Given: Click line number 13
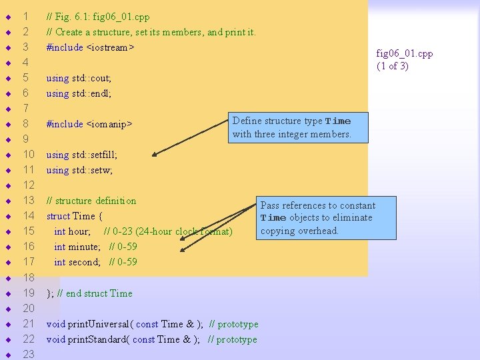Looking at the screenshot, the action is [x=29, y=201].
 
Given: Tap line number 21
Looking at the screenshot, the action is [x=29, y=324].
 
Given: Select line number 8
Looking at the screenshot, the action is [x=25, y=123].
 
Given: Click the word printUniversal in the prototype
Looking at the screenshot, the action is [x=98, y=324].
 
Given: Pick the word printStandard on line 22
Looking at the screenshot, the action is [x=97, y=339].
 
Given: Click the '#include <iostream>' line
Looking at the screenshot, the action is [x=90, y=47].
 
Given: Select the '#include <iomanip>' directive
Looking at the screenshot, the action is [x=89, y=124].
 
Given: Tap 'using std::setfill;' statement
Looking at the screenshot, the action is [x=81, y=155].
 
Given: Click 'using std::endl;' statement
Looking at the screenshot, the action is [x=79, y=93].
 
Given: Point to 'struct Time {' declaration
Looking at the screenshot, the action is [x=74, y=216].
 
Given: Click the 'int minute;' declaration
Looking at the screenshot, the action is [x=77, y=247].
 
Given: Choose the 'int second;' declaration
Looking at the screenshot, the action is [x=77, y=262].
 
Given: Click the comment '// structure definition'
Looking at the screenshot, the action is [x=91, y=201].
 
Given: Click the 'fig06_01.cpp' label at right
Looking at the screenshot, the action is [x=404, y=53].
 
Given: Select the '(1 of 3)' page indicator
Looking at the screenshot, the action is [x=393, y=65].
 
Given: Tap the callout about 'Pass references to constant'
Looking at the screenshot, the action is [x=318, y=218].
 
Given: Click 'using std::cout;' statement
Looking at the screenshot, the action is [x=79, y=78].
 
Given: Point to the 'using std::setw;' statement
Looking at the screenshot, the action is [x=79, y=170].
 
